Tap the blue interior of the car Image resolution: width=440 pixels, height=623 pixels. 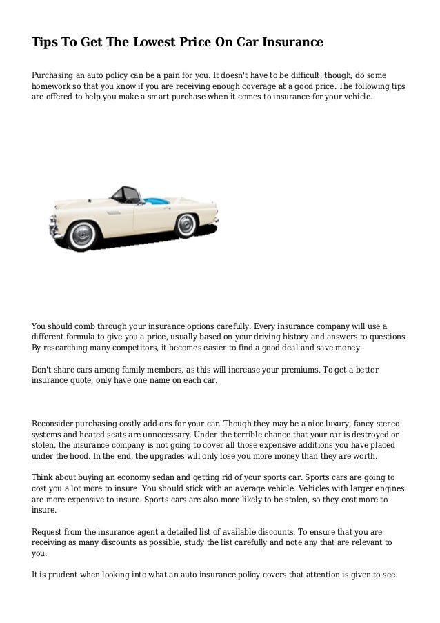click(x=157, y=200)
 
